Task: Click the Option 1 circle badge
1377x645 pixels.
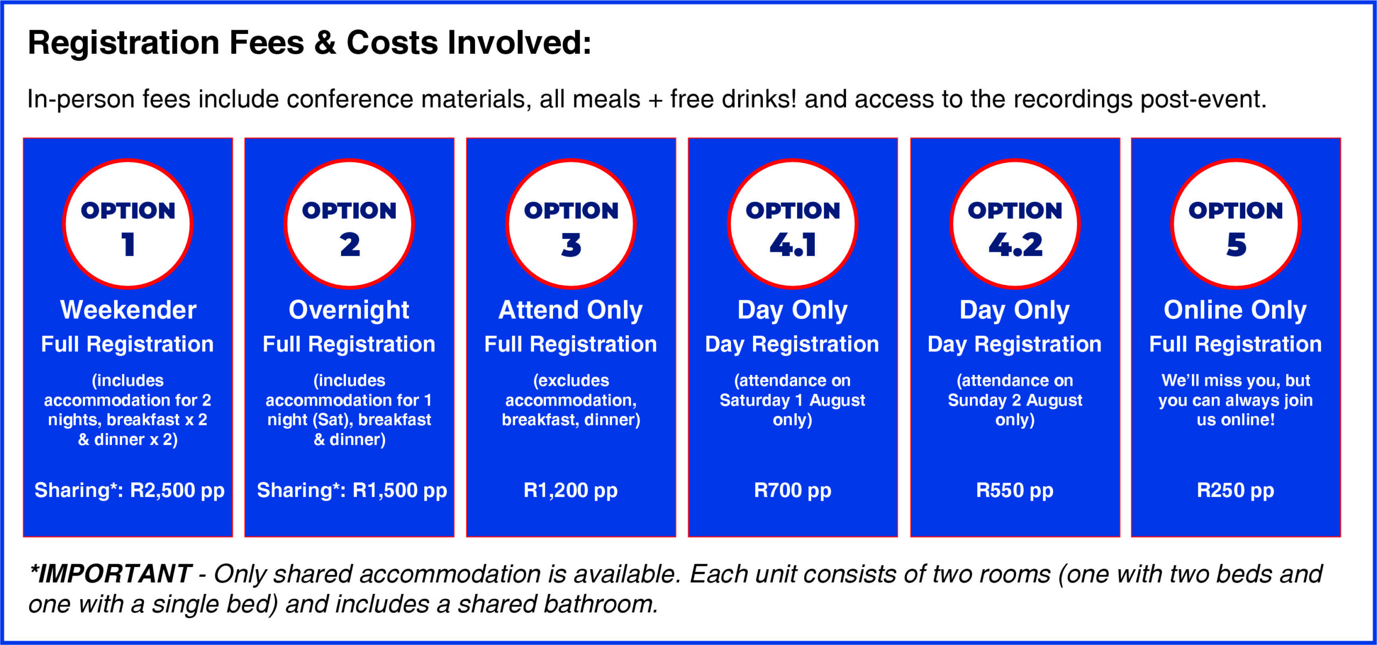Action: pos(128,224)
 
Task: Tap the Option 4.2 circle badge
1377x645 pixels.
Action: pos(1015,224)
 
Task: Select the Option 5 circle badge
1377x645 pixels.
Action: pos(1236,224)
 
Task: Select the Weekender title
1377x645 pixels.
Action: pos(128,310)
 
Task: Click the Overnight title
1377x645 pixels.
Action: pos(349,311)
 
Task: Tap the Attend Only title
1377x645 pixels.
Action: pos(571,311)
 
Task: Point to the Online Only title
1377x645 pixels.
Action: pos(1236,311)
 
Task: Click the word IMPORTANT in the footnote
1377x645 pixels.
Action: pos(115,574)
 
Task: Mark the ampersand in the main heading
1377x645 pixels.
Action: pos(325,43)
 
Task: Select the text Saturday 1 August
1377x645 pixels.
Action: pos(792,400)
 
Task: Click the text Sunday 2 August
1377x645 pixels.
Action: pos(1015,400)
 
